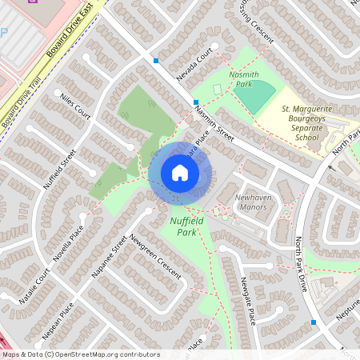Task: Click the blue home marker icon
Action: tap(180, 173)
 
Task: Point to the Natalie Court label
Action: tap(36, 286)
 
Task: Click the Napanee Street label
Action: tap(109, 256)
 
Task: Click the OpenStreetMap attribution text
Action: tap(80, 354)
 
